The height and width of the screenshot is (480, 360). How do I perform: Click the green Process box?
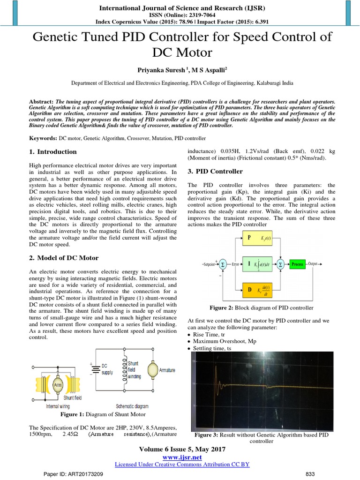coord(297,264)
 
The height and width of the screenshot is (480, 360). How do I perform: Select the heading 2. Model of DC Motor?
coord(64,258)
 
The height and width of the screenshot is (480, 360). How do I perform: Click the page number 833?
coord(310,474)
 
